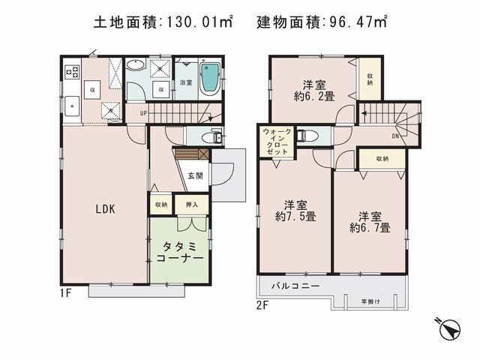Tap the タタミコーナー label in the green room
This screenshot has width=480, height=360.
point(180,250)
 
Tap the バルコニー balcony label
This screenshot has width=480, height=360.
point(298,287)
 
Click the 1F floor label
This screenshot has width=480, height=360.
point(65,293)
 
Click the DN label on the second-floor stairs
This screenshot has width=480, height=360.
point(395,136)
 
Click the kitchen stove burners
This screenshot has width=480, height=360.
point(73,72)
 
